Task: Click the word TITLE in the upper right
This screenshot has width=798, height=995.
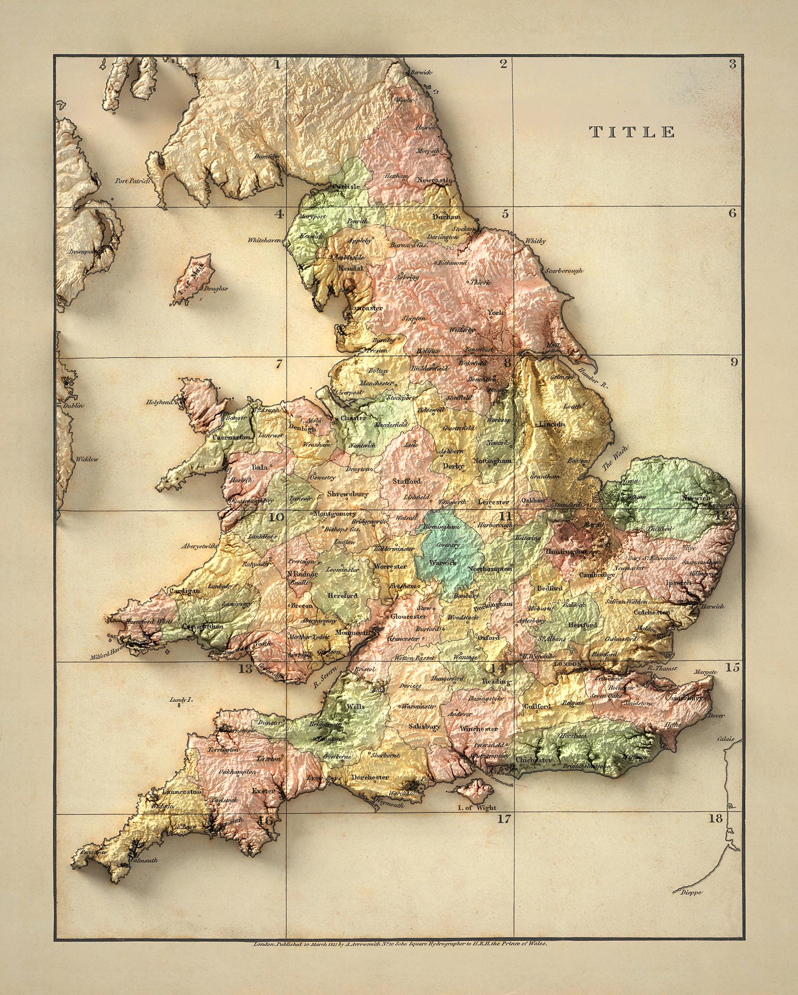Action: [x=632, y=132]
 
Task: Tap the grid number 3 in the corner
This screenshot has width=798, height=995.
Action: [x=732, y=64]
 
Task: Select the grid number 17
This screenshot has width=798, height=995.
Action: [x=504, y=819]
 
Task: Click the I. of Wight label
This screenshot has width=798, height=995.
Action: [x=477, y=808]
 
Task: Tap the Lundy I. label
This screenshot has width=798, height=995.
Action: [x=180, y=699]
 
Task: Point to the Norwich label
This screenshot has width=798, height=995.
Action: [x=695, y=497]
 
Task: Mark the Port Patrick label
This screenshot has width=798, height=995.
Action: [x=132, y=182]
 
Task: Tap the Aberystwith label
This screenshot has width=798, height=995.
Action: [x=199, y=546]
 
